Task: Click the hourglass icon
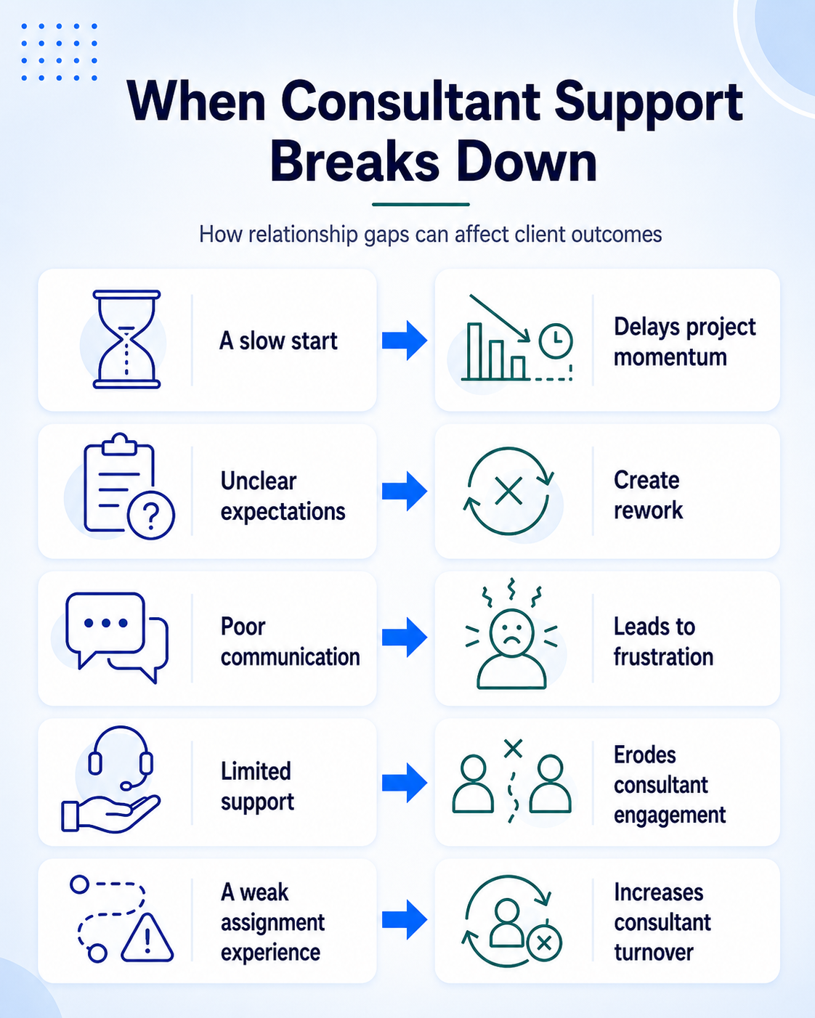[126, 340]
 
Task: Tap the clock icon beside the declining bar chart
[556, 341]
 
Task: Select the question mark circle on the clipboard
[151, 515]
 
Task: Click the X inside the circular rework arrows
[508, 491]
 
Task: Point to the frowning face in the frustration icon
[511, 632]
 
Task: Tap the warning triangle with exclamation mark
[147, 937]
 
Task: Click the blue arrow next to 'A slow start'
[405, 341]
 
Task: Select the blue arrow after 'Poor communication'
[405, 638]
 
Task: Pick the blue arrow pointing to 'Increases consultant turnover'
[405, 919]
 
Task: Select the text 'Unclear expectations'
[283, 496]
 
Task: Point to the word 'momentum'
[670, 358]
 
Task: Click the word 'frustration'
[663, 656]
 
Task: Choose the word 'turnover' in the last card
[654, 952]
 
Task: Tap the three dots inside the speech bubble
[105, 622]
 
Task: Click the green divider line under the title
[421, 204]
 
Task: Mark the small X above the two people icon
[513, 749]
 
